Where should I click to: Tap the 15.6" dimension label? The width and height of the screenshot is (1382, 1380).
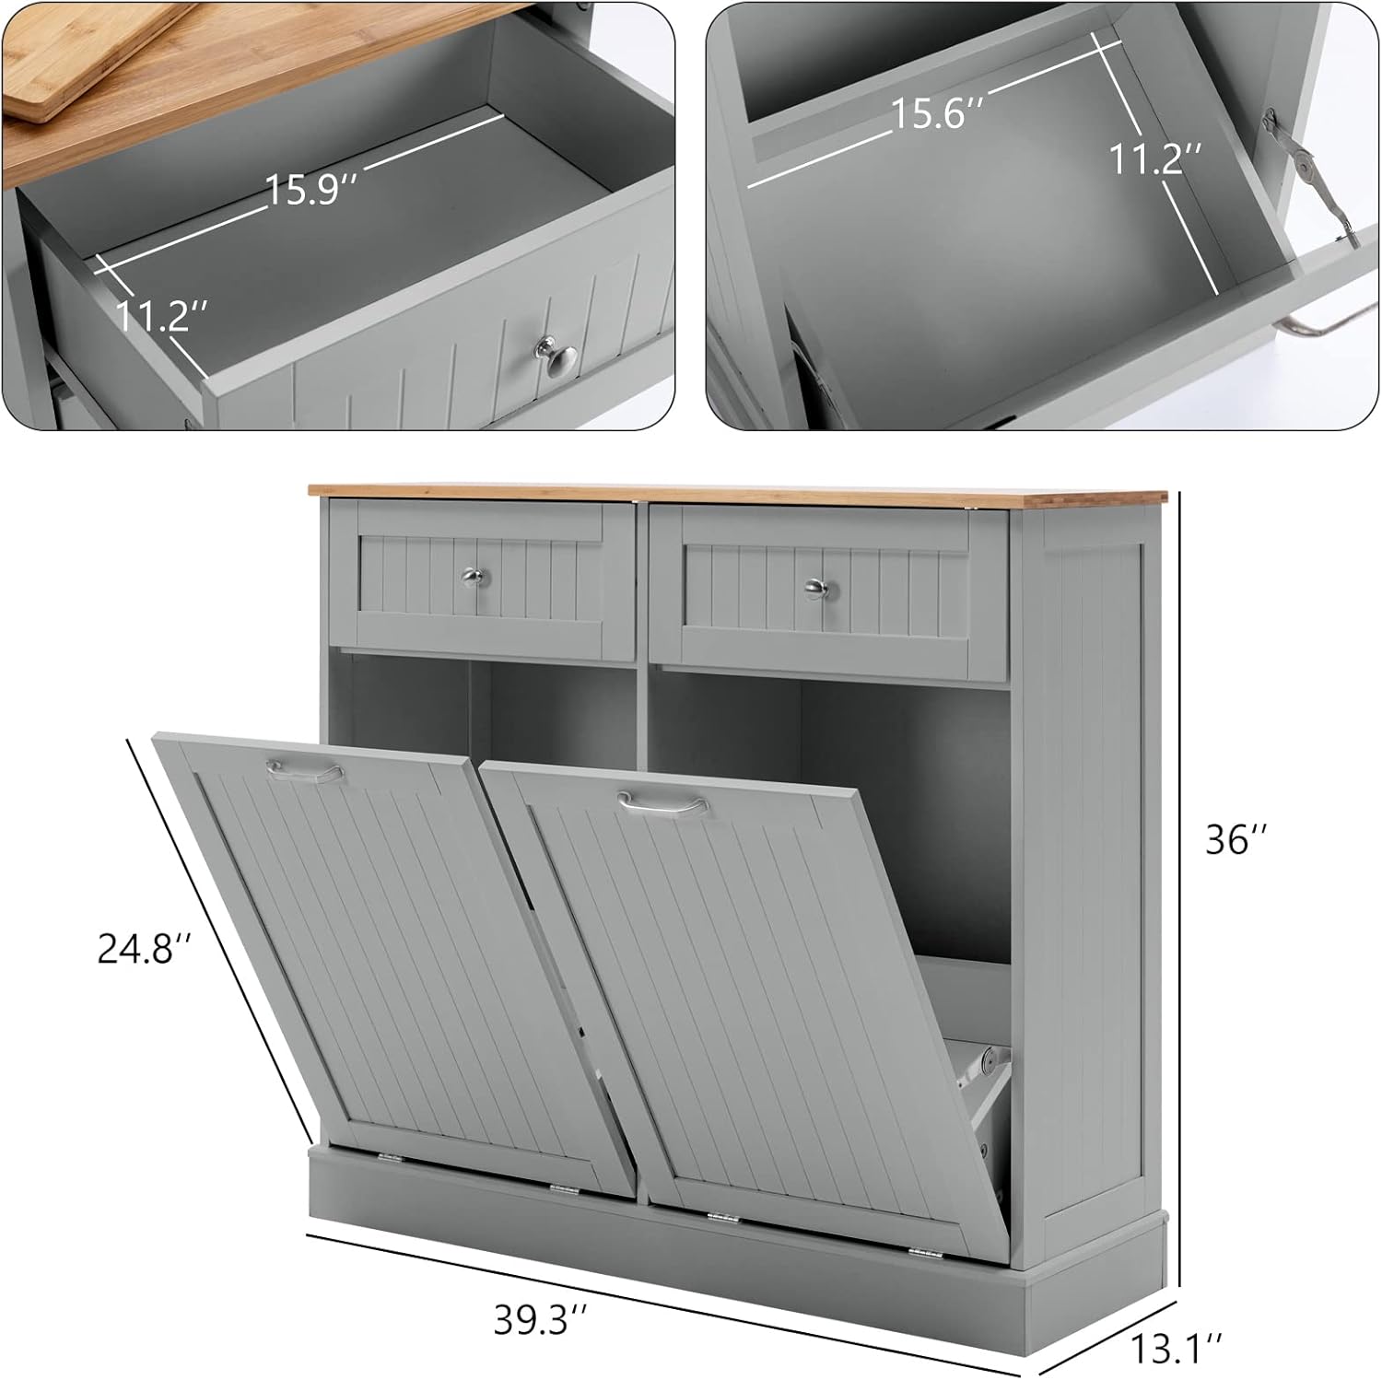click(x=938, y=114)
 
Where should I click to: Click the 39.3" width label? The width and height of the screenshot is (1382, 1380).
click(x=540, y=1321)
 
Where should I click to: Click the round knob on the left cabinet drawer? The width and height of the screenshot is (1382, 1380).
click(x=473, y=578)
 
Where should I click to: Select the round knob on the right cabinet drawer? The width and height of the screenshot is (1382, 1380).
click(x=814, y=586)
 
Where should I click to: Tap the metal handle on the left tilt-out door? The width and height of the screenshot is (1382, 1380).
click(x=303, y=771)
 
